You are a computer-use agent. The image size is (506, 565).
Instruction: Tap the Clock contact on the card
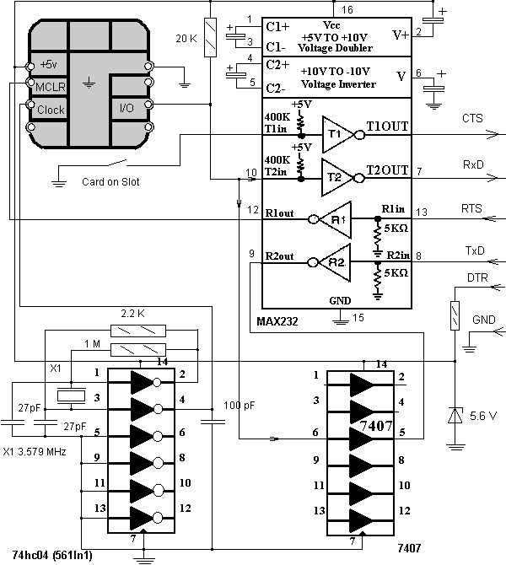tap(50, 110)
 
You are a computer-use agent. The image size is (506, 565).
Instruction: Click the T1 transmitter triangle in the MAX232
tap(336, 132)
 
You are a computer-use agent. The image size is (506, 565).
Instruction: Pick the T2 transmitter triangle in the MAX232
tap(336, 175)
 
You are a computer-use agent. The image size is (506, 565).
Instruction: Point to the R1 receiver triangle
tap(336, 218)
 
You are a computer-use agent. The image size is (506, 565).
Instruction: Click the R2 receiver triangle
tap(336, 261)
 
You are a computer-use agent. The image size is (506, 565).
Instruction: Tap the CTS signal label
tap(472, 119)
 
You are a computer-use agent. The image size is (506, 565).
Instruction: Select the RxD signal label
tap(472, 164)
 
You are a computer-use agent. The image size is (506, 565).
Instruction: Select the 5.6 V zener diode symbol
tap(455, 416)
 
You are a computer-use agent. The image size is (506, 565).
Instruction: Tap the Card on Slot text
tap(110, 181)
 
